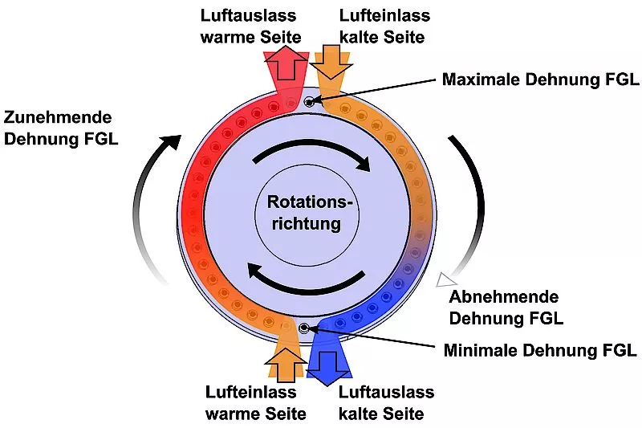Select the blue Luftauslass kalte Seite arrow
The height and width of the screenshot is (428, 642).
pos(330,359)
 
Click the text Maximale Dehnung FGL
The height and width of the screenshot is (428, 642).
pos(540,79)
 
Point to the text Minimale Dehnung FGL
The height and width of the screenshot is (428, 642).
pos(540,350)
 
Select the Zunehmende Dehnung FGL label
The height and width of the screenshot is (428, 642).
pos(61,128)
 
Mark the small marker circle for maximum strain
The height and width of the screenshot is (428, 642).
pos(309,101)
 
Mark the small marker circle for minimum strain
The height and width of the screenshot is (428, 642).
pos(303,328)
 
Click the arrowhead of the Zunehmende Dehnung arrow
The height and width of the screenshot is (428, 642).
pos(170,142)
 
